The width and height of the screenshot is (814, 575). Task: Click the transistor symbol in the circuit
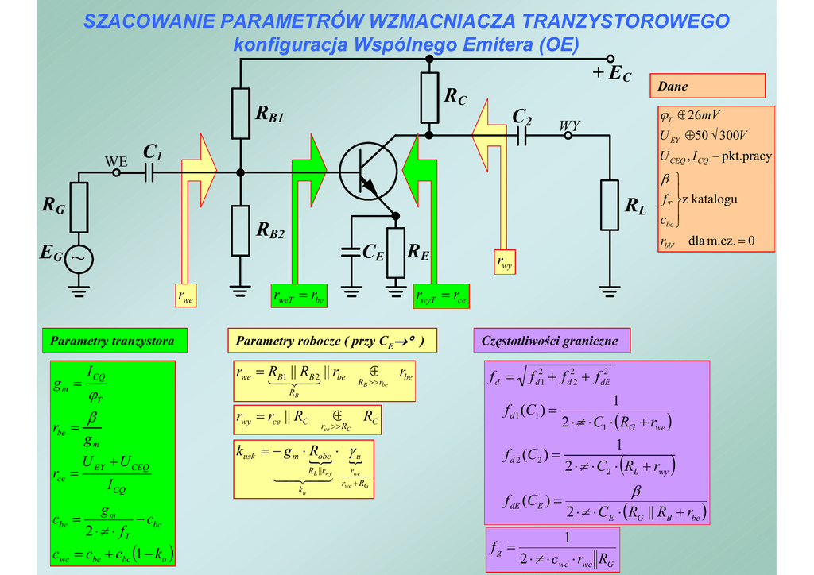(367, 172)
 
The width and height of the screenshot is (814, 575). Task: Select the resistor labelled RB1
(241, 113)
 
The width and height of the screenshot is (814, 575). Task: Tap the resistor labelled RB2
(241, 230)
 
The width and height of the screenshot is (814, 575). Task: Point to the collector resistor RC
(429, 96)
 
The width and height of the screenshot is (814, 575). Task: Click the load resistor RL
(610, 205)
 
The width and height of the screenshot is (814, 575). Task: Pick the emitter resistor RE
(395, 253)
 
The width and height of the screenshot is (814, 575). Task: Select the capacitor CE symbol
(351, 253)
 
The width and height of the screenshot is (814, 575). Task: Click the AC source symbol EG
(79, 258)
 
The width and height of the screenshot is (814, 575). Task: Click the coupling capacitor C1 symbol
(149, 172)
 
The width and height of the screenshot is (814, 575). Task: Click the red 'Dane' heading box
(707, 86)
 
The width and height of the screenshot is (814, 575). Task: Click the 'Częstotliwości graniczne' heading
(550, 341)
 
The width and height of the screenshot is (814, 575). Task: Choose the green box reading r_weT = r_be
(299, 296)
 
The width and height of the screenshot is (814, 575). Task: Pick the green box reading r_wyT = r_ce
(442, 297)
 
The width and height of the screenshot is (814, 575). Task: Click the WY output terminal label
(569, 125)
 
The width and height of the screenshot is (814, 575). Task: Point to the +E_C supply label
(612, 74)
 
